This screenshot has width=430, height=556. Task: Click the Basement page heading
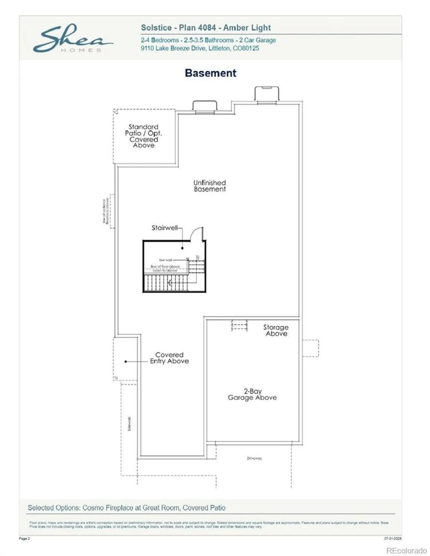tap(210, 73)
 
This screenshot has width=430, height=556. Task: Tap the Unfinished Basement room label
tap(209, 186)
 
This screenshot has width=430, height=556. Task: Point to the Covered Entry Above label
tap(169, 358)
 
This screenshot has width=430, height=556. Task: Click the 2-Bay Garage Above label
tap(252, 394)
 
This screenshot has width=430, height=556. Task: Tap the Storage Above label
tap(276, 330)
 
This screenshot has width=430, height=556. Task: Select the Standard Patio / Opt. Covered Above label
tap(143, 136)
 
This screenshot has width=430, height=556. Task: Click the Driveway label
tap(254, 459)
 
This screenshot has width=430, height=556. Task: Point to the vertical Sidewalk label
tap(129, 424)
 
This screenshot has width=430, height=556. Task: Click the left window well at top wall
tap(204, 106)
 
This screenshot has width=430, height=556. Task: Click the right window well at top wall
tap(267, 94)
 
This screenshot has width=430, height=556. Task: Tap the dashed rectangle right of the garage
tap(310, 348)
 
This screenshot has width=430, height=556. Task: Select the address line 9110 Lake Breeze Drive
tap(200, 48)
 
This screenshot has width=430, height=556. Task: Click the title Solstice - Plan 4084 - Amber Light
tap(206, 28)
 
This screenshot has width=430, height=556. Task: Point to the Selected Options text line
tap(126, 508)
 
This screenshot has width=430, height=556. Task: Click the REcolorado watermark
tap(406, 550)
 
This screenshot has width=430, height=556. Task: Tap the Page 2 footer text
tap(24, 538)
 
